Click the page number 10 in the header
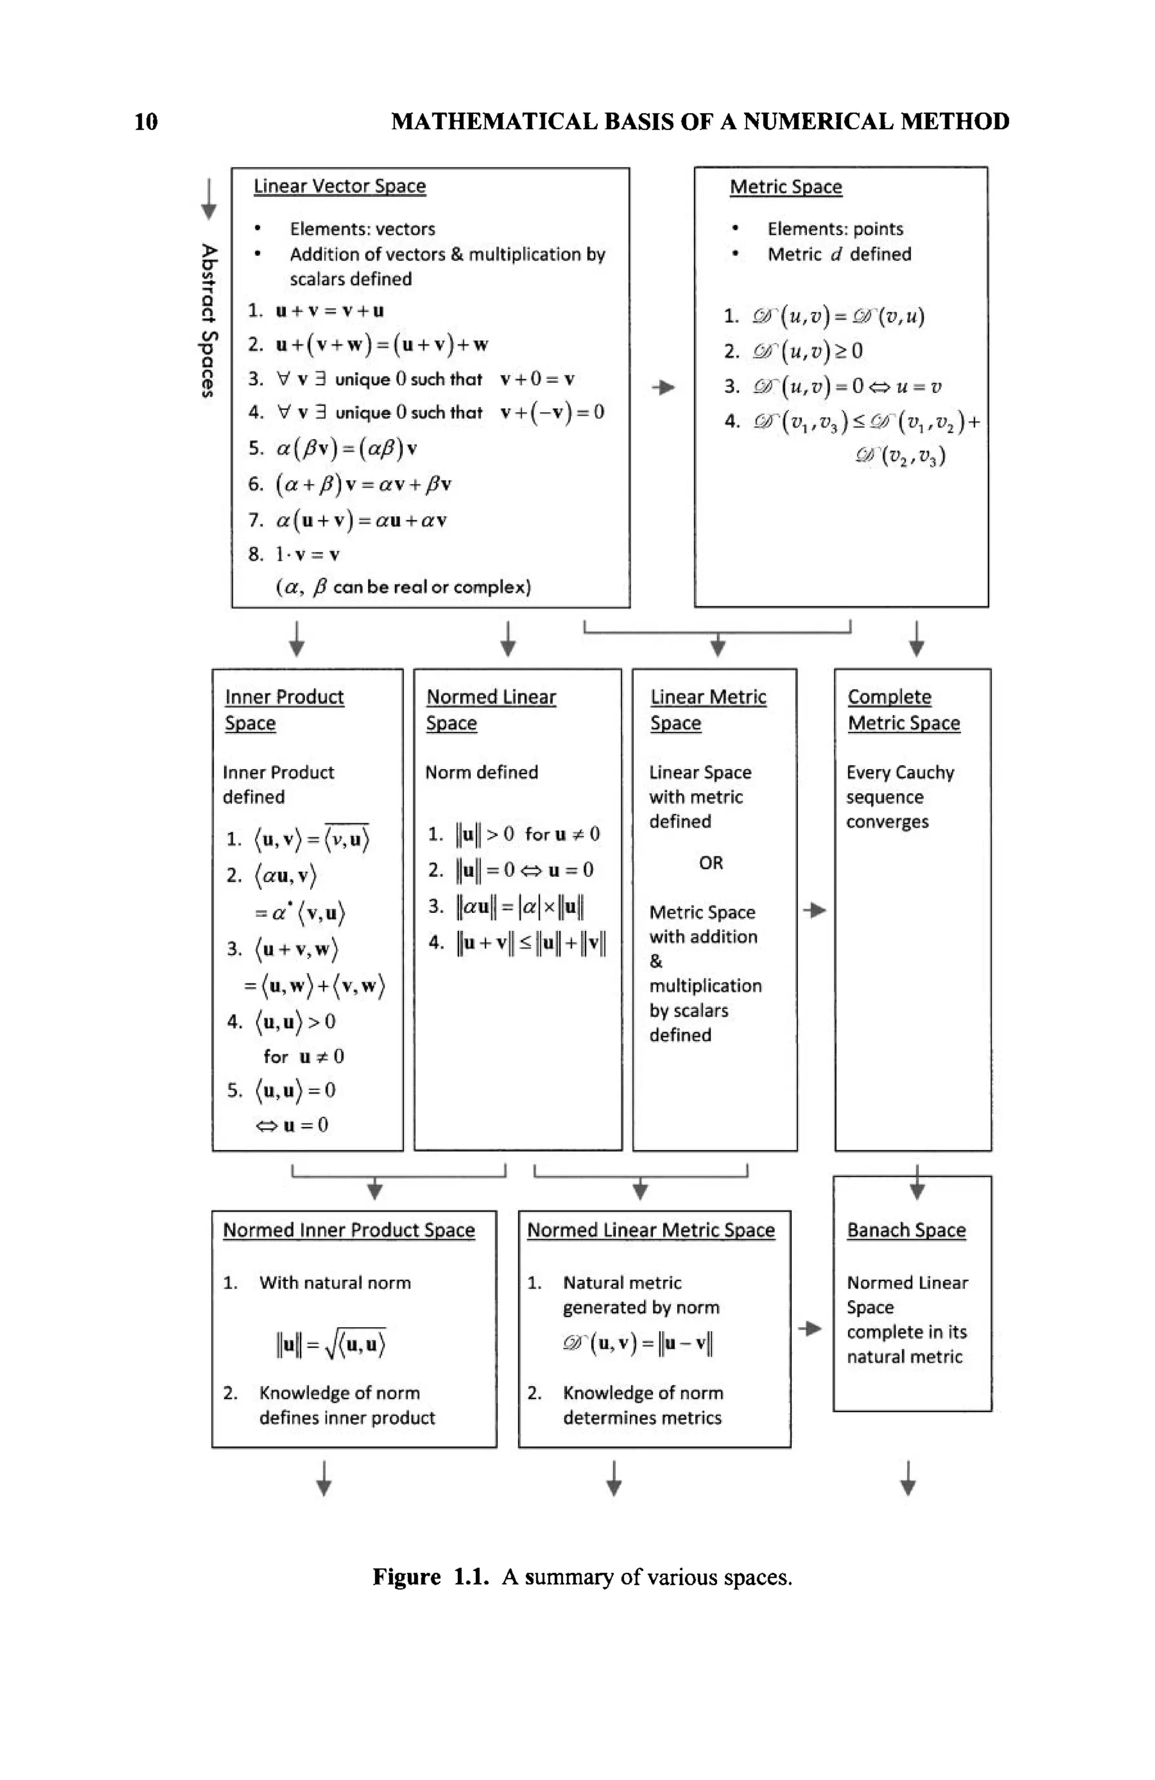click(146, 121)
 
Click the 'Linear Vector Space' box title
click(339, 186)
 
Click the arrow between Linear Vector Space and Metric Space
click(663, 387)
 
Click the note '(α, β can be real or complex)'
click(403, 587)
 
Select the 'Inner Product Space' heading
click(284, 709)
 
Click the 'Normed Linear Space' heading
click(490, 709)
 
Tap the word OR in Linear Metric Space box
click(711, 863)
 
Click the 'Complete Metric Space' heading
click(903, 709)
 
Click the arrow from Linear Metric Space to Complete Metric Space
click(814, 910)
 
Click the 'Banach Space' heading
click(905, 1230)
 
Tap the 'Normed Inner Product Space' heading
click(349, 1230)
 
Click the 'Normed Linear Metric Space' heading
click(650, 1230)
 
